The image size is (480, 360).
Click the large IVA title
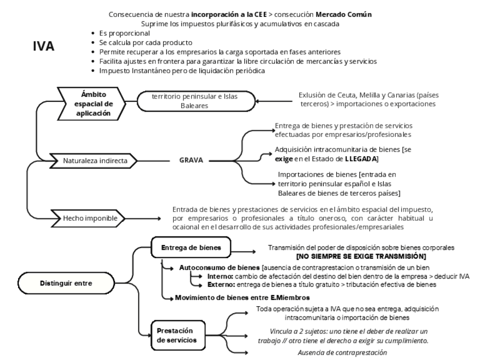(44, 46)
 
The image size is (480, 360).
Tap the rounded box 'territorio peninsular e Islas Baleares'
(194, 101)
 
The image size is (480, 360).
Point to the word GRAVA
(191, 160)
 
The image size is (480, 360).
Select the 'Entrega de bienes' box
(187, 247)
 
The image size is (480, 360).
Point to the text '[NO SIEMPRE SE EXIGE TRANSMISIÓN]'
(361, 256)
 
